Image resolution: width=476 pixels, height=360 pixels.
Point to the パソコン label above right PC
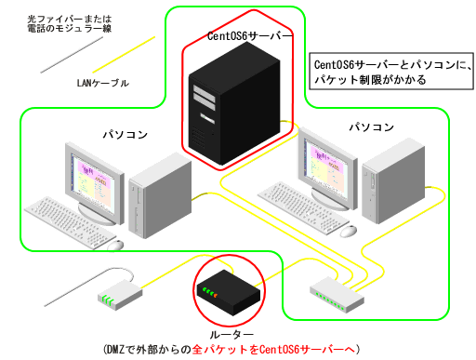point(371,127)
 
